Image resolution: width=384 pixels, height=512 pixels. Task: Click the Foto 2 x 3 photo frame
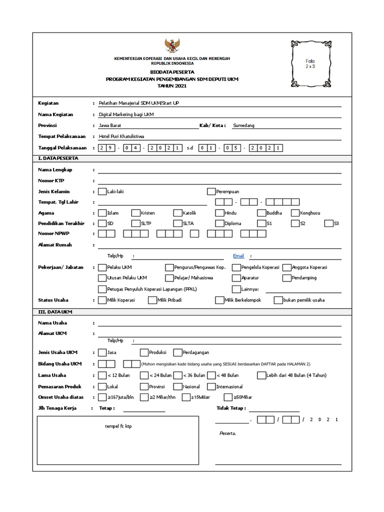(x=310, y=63)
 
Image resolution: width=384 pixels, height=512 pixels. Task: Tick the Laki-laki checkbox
(x=102, y=191)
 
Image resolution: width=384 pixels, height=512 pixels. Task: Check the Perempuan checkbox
(x=211, y=191)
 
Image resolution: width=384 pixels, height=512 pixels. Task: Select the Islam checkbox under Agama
(x=102, y=213)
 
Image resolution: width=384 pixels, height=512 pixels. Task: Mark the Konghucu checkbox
(x=295, y=213)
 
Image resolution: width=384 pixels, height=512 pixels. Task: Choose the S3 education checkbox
(x=328, y=223)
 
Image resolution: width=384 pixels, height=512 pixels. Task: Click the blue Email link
(x=238, y=256)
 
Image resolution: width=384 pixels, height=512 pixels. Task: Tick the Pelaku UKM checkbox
(x=102, y=267)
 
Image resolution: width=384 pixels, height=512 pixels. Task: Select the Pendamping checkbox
(x=286, y=278)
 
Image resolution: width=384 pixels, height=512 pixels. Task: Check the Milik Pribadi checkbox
(x=152, y=300)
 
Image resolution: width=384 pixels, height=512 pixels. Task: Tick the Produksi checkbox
(x=144, y=352)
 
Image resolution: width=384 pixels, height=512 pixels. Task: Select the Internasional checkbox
(x=211, y=386)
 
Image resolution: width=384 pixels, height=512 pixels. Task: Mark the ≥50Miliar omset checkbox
(x=228, y=397)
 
